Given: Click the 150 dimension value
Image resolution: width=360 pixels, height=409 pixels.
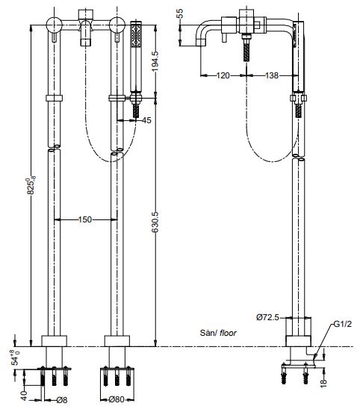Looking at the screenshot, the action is pyautogui.click(x=85, y=219).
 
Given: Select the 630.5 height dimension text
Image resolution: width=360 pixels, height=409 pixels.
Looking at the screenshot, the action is pyautogui.click(x=155, y=222).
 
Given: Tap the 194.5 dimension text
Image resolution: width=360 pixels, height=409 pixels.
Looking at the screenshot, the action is pyautogui.click(x=155, y=61).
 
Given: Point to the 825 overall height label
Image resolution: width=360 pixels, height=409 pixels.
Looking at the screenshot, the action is pyautogui.click(x=31, y=185).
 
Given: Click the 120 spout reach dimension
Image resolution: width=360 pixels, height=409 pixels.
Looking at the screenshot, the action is pyautogui.click(x=223, y=75).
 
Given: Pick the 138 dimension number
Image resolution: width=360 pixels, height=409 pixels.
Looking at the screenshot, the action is pyautogui.click(x=272, y=75).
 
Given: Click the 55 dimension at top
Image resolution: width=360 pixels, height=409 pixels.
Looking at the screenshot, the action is pyautogui.click(x=179, y=13).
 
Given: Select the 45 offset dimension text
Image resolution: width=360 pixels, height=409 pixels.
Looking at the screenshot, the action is pyautogui.click(x=146, y=120).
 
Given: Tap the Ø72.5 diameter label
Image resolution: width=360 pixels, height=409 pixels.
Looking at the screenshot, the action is pyautogui.click(x=267, y=317).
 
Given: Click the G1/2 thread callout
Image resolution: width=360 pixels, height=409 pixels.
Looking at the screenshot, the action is pyautogui.click(x=343, y=324).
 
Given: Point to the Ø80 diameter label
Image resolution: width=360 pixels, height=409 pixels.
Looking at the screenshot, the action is pyautogui.click(x=117, y=399).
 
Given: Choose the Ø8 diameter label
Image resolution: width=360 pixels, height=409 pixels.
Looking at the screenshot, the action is pyautogui.click(x=61, y=400).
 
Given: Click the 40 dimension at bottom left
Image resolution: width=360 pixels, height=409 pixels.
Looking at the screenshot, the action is pyautogui.click(x=24, y=396).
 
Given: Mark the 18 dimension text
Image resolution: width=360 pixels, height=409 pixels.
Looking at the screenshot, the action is pyautogui.click(x=323, y=383).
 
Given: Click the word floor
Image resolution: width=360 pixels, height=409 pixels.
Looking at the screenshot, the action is pyautogui.click(x=228, y=333).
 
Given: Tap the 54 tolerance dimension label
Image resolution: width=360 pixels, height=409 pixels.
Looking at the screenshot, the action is pyautogui.click(x=16, y=358).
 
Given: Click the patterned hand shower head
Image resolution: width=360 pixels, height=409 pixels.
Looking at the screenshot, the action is pyautogui.click(x=136, y=36).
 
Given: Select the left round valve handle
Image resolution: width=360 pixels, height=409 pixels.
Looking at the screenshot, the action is pyautogui.click(x=54, y=25).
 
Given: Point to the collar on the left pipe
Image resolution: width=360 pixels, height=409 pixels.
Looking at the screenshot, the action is pyautogui.click(x=54, y=98).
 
